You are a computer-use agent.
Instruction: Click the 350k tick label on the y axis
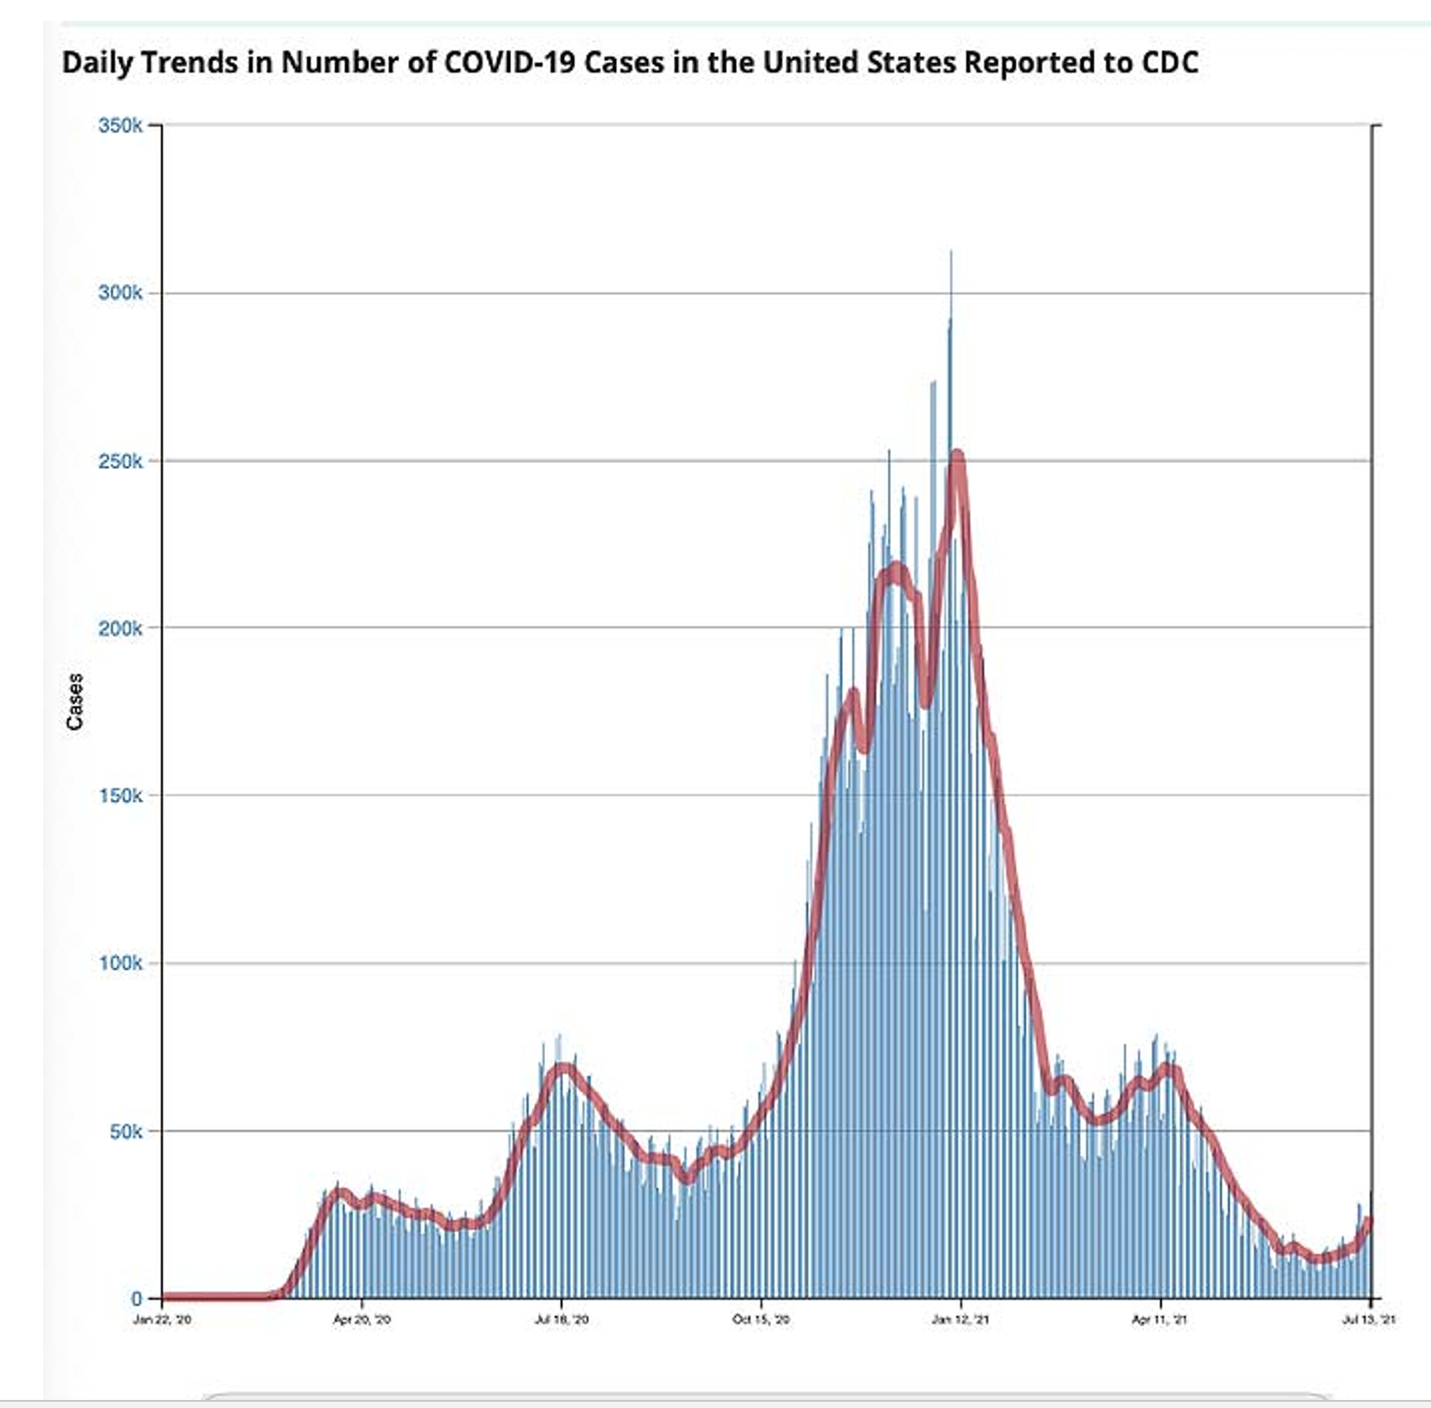pyautogui.click(x=120, y=126)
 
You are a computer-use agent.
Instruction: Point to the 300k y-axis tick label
pyautogui.click(x=120, y=293)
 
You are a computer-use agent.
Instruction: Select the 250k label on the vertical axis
pyautogui.click(x=120, y=461)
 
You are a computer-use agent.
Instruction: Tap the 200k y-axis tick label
pyautogui.click(x=120, y=629)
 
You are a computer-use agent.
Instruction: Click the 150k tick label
pyautogui.click(x=120, y=795)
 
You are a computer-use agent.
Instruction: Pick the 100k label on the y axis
pyautogui.click(x=120, y=963)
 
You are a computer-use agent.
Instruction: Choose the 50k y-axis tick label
pyautogui.click(x=125, y=1132)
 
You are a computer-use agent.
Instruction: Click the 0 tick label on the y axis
pyautogui.click(x=136, y=1298)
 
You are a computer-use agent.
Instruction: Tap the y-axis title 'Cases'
pyautogui.click(x=74, y=701)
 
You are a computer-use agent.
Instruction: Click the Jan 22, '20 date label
pyautogui.click(x=162, y=1319)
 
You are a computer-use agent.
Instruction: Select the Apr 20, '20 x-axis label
pyautogui.click(x=362, y=1319)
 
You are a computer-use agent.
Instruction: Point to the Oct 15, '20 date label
pyautogui.click(x=761, y=1319)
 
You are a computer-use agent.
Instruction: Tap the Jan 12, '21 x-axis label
pyautogui.click(x=960, y=1319)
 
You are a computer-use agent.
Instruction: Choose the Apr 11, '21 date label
pyautogui.click(x=1159, y=1319)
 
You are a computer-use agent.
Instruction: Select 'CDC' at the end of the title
pyautogui.click(x=1169, y=63)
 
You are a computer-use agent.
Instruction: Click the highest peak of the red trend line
pyautogui.click(x=958, y=456)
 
